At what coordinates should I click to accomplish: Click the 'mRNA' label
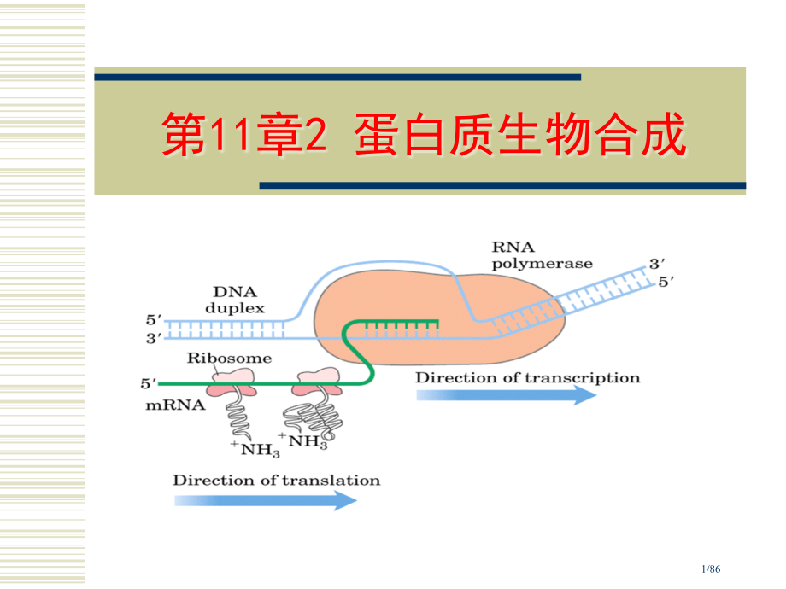176,405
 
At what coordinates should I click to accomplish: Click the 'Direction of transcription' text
527,377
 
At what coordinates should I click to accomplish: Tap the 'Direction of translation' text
276,480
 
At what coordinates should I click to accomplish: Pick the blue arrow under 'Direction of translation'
266,499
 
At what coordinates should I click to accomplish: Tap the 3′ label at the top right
657,265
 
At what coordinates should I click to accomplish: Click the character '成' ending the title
662,137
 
